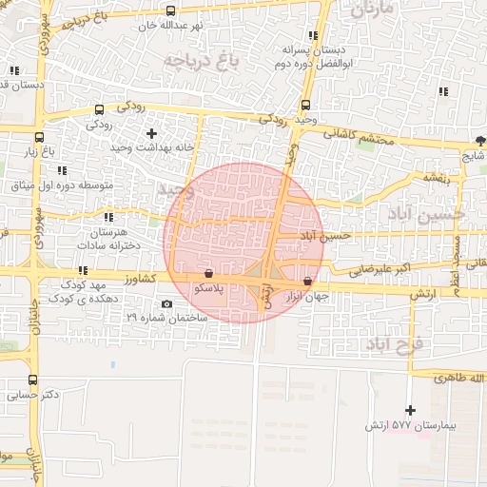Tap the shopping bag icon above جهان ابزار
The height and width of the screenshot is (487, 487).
(306, 282)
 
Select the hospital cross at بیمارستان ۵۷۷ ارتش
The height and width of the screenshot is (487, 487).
(410, 410)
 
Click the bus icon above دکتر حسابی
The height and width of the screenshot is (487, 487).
(34, 380)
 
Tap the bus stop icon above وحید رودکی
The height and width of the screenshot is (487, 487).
(305, 106)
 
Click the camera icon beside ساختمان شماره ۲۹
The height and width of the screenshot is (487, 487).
(167, 304)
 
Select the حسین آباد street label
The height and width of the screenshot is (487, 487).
(326, 235)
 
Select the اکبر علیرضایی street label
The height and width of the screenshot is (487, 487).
(357, 268)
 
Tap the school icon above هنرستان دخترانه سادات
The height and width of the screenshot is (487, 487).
(108, 217)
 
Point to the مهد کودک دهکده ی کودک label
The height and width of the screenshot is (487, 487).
(88, 291)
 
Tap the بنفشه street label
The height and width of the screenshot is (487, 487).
(437, 177)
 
